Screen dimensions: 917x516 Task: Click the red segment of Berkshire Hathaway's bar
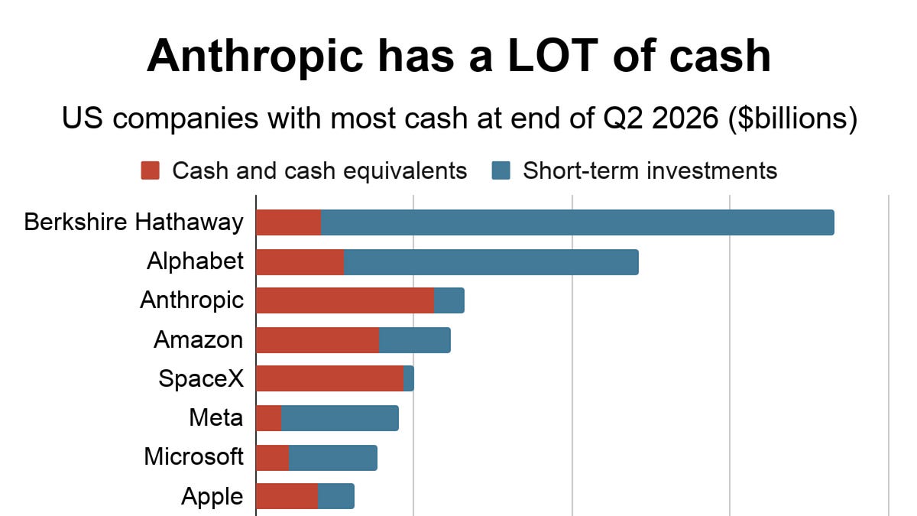(289, 222)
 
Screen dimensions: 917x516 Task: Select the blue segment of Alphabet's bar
(491, 262)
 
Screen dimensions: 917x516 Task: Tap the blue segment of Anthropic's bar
(449, 300)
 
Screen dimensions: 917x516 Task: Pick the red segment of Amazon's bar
(318, 340)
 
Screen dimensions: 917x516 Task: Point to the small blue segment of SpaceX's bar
(409, 378)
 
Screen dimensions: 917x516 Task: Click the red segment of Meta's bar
(269, 418)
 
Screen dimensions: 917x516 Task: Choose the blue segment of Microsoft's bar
(333, 458)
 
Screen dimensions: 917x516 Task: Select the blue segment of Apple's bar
(336, 496)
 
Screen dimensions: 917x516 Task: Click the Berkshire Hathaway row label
(134, 222)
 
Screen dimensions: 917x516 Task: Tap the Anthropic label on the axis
(192, 300)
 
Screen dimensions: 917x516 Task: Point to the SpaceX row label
(201, 378)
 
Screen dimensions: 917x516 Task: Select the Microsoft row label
(194, 456)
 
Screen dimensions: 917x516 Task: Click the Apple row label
(212, 497)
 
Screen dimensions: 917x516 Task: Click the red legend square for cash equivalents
(151, 170)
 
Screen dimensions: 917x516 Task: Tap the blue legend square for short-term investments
(501, 170)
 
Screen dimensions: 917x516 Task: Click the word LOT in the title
(553, 56)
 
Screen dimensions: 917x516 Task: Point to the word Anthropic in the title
(255, 57)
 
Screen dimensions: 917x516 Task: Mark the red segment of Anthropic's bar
(345, 300)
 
